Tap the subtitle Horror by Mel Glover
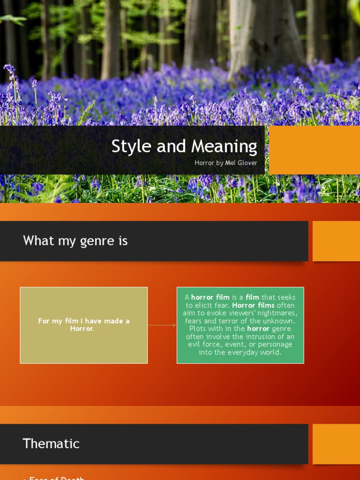point(226,163)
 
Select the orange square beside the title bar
point(314,150)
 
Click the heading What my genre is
point(75,241)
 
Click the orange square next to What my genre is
point(336,241)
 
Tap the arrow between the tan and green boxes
point(162,325)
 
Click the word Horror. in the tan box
point(82,329)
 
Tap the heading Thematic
point(51,443)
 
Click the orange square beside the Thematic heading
point(336,444)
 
